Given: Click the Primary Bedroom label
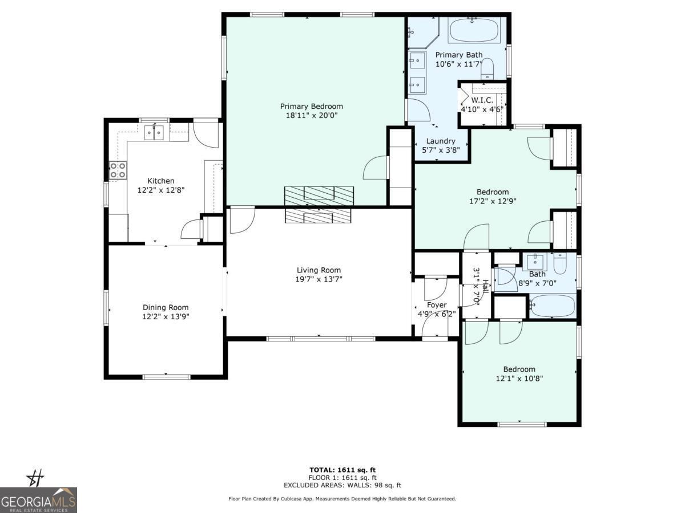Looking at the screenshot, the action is coord(312,106).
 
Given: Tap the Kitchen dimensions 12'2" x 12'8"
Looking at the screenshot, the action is coord(161,190).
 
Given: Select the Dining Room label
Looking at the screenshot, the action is coord(166,307).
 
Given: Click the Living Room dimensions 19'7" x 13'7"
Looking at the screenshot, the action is coord(319,279).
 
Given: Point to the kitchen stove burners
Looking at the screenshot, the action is coord(118,170).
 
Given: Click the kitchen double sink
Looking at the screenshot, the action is coord(154,133).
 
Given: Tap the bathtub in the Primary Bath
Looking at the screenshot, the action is coord(474,30).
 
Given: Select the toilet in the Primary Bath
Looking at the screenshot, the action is coord(487,68).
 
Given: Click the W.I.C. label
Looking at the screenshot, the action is coord(482,100).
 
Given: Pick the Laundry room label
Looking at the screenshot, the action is coord(441,141).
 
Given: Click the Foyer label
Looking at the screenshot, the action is coord(437,305).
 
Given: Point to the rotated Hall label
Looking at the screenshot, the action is coord(485,287).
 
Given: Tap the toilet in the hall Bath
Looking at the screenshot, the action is coord(560,263).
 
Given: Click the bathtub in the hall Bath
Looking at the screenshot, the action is coord(553,306).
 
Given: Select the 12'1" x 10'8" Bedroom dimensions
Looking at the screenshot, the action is coord(519,378).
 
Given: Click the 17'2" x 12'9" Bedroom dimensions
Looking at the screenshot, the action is coord(493,201).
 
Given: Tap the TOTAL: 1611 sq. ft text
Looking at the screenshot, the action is coord(342,470).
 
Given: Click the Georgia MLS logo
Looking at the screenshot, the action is coord(38,500).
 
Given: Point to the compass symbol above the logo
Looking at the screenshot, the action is coord(35,478).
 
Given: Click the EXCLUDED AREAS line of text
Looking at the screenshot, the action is coord(342,485).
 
